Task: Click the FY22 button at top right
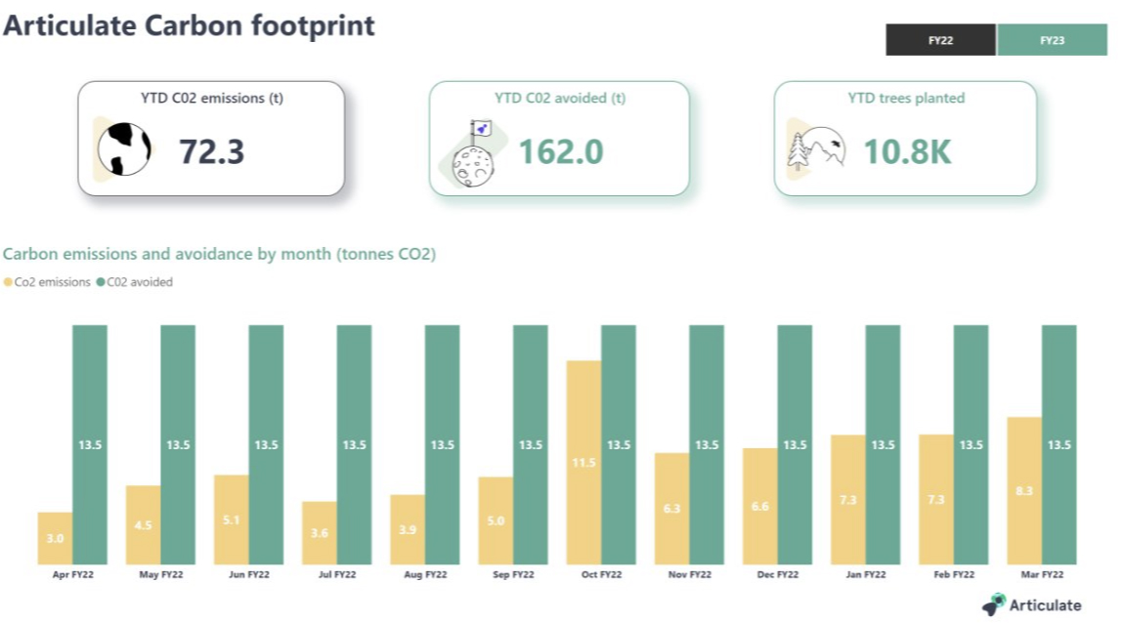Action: [941, 40]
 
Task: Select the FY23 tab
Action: [1052, 40]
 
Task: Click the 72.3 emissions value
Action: [211, 151]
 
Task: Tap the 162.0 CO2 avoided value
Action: [560, 151]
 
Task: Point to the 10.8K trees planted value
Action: [906, 151]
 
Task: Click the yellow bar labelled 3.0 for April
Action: [55, 538]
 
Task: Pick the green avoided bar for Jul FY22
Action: [354, 444]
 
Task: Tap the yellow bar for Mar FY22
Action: [1024, 490]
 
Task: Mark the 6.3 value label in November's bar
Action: [671, 508]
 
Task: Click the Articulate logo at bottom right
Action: [1034, 604]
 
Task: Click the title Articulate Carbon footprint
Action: [189, 25]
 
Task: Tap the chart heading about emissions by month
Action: [219, 254]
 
